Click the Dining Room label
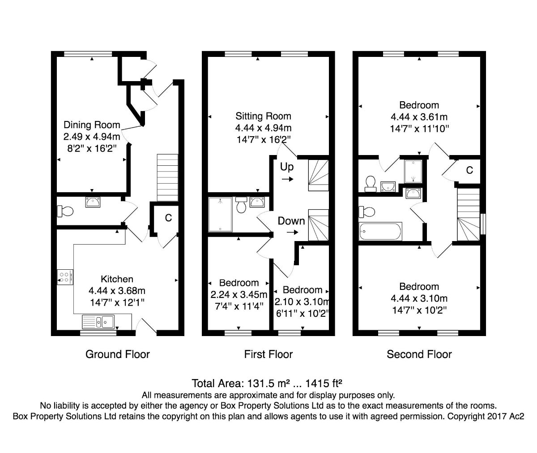tap(92, 125)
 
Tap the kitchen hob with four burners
tap(65, 277)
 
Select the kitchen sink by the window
tap(98, 322)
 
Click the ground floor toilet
tap(65, 211)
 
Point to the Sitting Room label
tap(264, 116)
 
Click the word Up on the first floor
tap(287, 167)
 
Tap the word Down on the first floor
tap(291, 221)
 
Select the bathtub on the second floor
tap(380, 231)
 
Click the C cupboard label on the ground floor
tap(168, 218)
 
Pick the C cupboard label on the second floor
tap(469, 170)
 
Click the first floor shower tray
tap(221, 215)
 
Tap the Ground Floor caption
tap(118, 354)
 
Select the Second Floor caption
tap(419, 354)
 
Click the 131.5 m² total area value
tap(267, 383)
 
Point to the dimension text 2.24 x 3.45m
tap(239, 294)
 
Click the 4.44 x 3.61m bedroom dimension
tap(419, 117)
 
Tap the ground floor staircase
tap(167, 177)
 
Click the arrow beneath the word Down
tap(292, 232)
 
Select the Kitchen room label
tap(117, 279)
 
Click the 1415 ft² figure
tap(324, 383)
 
